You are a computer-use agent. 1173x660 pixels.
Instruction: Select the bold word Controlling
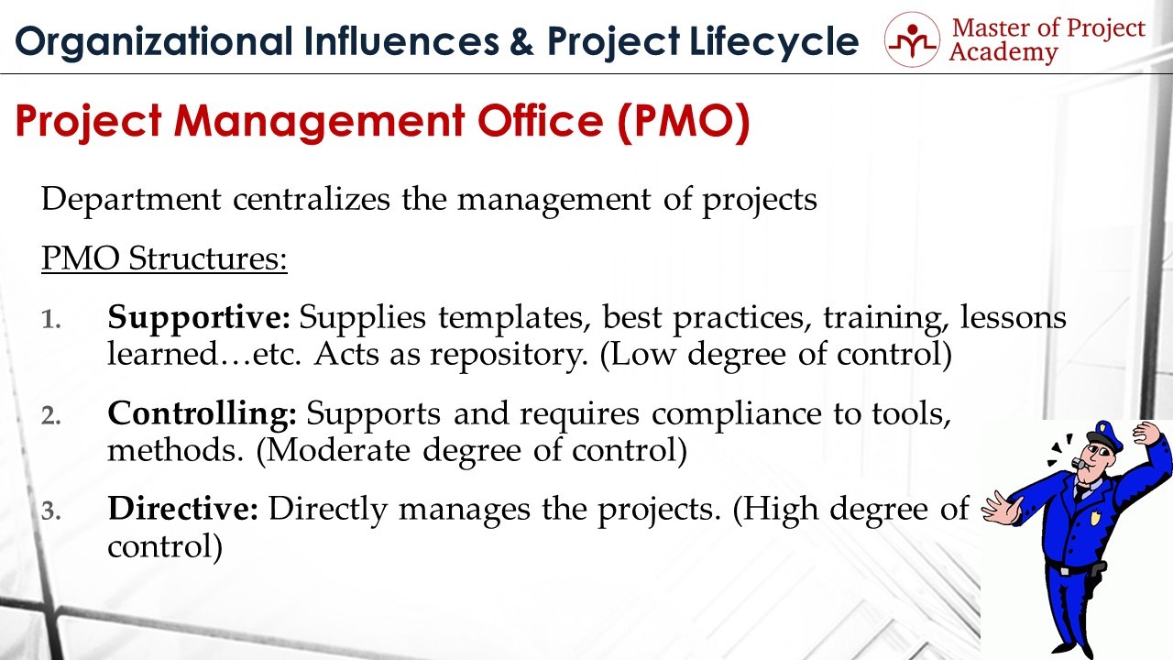click(x=203, y=413)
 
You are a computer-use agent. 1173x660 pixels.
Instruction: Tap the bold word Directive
click(x=182, y=509)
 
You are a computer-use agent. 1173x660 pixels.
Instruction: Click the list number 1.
click(x=50, y=320)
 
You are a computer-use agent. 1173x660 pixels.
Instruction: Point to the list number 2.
click(x=50, y=416)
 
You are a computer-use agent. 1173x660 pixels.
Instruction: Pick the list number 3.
click(x=50, y=511)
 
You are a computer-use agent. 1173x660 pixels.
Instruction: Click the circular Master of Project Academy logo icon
click(x=912, y=39)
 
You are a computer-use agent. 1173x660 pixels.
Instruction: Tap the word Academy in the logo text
click(x=1003, y=53)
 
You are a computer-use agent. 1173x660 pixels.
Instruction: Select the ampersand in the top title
click(x=520, y=41)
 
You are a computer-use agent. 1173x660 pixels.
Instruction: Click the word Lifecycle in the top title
click(x=774, y=42)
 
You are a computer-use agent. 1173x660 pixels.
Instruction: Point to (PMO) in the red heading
click(x=684, y=122)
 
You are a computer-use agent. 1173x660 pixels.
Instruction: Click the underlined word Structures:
click(x=207, y=258)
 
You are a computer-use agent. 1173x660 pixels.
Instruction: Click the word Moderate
click(x=338, y=450)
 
